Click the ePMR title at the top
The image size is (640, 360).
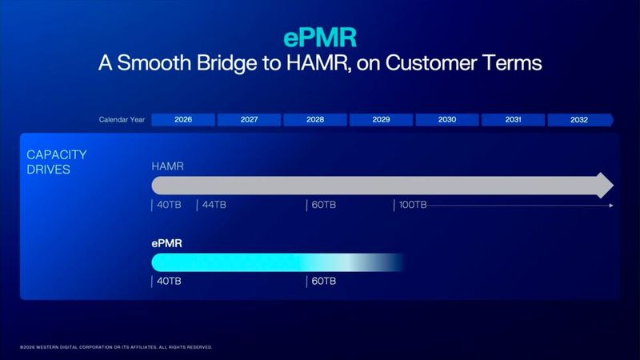tap(319, 38)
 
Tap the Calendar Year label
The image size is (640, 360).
tap(122, 120)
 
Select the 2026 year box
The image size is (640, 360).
tap(183, 120)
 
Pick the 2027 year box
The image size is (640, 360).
tap(249, 120)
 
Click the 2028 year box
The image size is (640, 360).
tap(315, 120)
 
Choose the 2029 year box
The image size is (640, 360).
tap(381, 120)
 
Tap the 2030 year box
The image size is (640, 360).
tap(447, 120)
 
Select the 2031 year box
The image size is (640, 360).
tap(513, 120)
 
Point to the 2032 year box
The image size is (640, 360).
tap(579, 120)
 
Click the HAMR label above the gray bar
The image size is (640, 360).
tap(168, 166)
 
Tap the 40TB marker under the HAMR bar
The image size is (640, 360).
tap(168, 206)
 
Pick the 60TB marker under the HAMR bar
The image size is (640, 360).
tap(322, 206)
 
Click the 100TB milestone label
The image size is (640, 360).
tap(413, 206)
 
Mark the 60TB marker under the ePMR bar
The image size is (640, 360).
tap(322, 281)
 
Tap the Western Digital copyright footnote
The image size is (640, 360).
tap(116, 347)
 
